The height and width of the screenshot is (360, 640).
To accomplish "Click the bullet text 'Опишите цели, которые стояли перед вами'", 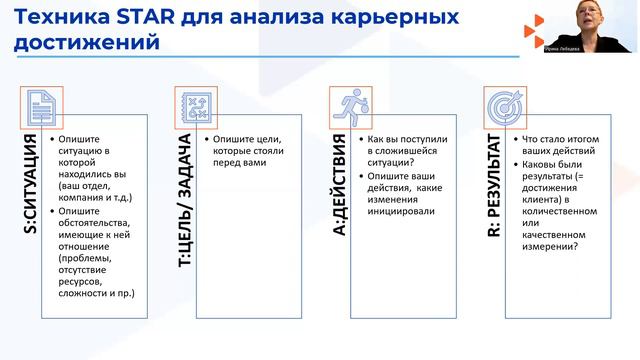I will point(245,149).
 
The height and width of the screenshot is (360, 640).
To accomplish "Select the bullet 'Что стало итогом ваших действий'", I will point(560,143).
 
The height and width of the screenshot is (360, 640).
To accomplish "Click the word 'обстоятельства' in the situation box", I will point(98,225).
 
